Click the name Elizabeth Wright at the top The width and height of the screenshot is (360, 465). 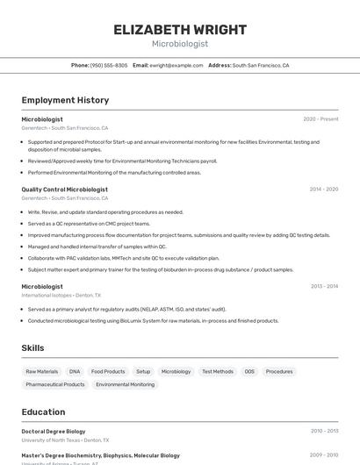180,30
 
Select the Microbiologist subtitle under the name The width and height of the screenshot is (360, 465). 180,43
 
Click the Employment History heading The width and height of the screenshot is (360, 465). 65,100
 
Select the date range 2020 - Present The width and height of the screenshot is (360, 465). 320,119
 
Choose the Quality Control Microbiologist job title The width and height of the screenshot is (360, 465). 65,190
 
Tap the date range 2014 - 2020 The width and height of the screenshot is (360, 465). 324,190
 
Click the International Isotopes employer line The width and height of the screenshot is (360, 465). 61,296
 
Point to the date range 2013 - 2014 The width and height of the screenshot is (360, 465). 324,286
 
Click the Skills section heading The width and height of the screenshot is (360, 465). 33,348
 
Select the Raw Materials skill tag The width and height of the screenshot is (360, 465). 42,372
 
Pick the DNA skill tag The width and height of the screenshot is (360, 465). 75,372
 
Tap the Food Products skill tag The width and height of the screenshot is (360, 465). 108,372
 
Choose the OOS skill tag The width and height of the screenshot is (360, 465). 249,372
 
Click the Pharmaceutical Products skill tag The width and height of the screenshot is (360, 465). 55,384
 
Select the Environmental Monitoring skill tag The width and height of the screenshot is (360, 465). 125,384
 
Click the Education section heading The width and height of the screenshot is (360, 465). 43,411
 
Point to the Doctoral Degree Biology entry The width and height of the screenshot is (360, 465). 54,432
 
